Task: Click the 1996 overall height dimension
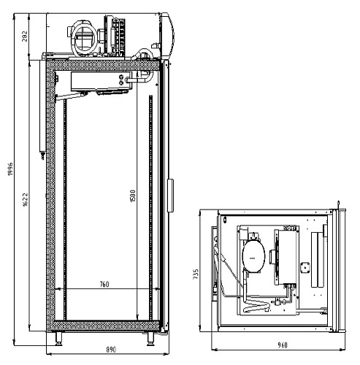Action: [x=10, y=169]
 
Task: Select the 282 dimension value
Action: [x=25, y=36]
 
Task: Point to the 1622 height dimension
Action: [x=26, y=200]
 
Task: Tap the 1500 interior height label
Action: [x=133, y=196]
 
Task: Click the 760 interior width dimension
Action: [x=104, y=284]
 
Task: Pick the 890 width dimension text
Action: [x=111, y=350]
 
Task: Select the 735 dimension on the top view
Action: [x=196, y=274]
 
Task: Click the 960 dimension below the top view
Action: [x=283, y=345]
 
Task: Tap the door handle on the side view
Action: [x=170, y=196]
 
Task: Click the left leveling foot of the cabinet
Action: [x=58, y=339]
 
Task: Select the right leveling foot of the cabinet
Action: [x=150, y=339]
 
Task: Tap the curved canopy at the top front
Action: [x=167, y=34]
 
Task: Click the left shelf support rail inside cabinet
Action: [x=65, y=210]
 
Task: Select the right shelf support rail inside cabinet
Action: [x=151, y=208]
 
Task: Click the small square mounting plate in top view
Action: [x=305, y=268]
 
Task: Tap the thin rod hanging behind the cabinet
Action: [x=42, y=109]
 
